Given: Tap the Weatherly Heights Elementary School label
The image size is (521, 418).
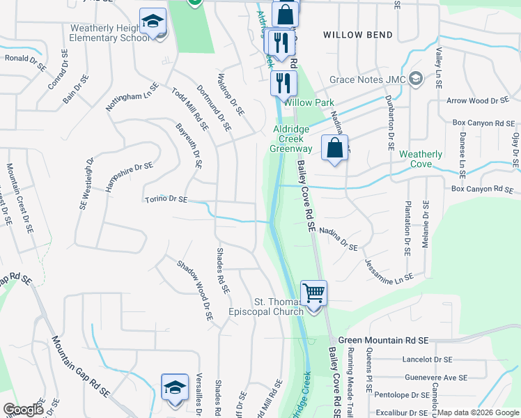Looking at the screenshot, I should click(109, 33).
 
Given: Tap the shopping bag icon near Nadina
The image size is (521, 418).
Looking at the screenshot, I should click(334, 148).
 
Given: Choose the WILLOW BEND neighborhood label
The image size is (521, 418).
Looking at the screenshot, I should click(357, 35).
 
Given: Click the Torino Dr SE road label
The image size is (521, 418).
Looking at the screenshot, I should click(166, 200).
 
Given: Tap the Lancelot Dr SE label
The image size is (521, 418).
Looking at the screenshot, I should click(428, 359).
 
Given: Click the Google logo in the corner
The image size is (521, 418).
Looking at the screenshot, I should click(23, 410).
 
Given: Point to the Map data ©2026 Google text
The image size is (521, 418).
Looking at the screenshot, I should click(478, 412).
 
